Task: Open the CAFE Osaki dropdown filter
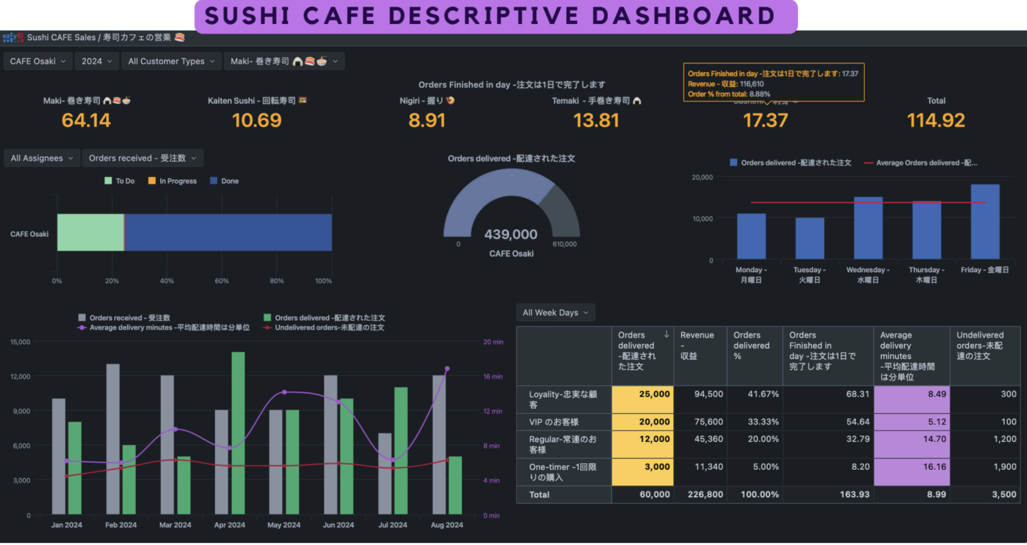coord(38,61)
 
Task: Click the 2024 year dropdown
coord(96,61)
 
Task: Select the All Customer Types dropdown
coord(171,61)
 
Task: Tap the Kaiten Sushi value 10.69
coord(257,121)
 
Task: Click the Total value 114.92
coord(936,121)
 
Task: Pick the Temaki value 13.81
coord(596,121)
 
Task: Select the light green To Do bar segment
coord(90,232)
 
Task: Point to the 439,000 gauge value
coord(511,234)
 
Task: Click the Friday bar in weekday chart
coord(985,222)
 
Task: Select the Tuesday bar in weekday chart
coord(810,238)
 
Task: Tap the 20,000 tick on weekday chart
coord(702,177)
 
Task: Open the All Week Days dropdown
coord(555,313)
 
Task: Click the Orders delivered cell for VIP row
coord(643,422)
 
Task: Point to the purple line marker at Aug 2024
coord(447,368)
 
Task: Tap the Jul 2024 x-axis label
coord(393,525)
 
